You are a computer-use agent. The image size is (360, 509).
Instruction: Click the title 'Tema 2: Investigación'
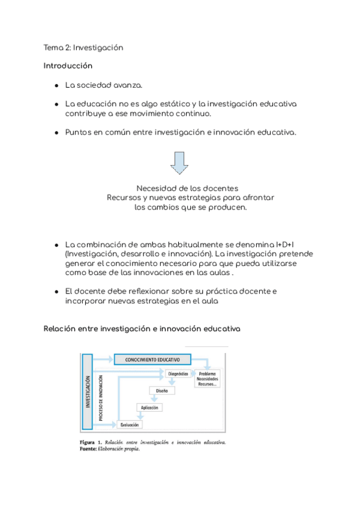(83, 47)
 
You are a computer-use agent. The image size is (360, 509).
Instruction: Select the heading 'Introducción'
(68, 65)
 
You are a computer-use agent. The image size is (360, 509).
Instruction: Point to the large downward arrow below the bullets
(179, 162)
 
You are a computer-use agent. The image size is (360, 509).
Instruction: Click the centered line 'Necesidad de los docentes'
(188, 188)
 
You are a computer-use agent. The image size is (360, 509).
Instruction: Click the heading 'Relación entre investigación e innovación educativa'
(142, 329)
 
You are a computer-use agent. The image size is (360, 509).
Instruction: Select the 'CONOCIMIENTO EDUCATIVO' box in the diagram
(152, 360)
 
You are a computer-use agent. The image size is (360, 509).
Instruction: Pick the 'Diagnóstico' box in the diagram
(178, 374)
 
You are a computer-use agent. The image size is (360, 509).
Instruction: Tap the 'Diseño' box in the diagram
(161, 391)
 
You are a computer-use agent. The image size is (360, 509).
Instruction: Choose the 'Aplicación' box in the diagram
(149, 408)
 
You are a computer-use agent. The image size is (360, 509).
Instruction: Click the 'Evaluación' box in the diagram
(130, 425)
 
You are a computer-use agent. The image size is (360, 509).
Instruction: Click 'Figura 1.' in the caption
(91, 443)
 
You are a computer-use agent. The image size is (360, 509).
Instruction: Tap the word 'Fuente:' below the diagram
(88, 450)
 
